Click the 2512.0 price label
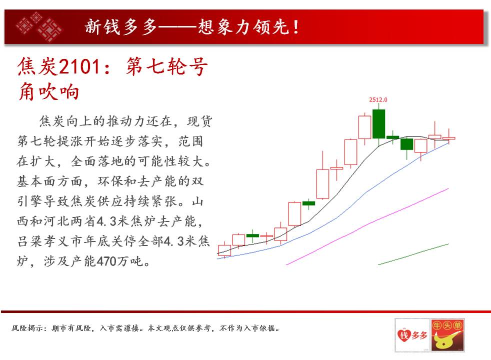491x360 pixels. coord(378,99)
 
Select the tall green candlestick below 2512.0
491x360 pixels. coord(378,123)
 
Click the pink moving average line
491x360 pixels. coord(367,226)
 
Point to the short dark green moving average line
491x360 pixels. coord(413,254)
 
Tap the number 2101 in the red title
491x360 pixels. coord(79,66)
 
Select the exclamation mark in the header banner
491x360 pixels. coord(295,27)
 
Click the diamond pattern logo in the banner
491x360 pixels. coord(39,26)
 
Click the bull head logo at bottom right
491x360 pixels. coord(447,334)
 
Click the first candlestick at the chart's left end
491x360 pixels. coord(224,250)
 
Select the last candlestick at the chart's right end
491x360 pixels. coord(449,137)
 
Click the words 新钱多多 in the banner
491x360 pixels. coord(120,26)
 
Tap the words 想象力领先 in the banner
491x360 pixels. coord(243,26)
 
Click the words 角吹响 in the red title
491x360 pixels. coord(48,91)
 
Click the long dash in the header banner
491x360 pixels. coord(177,27)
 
